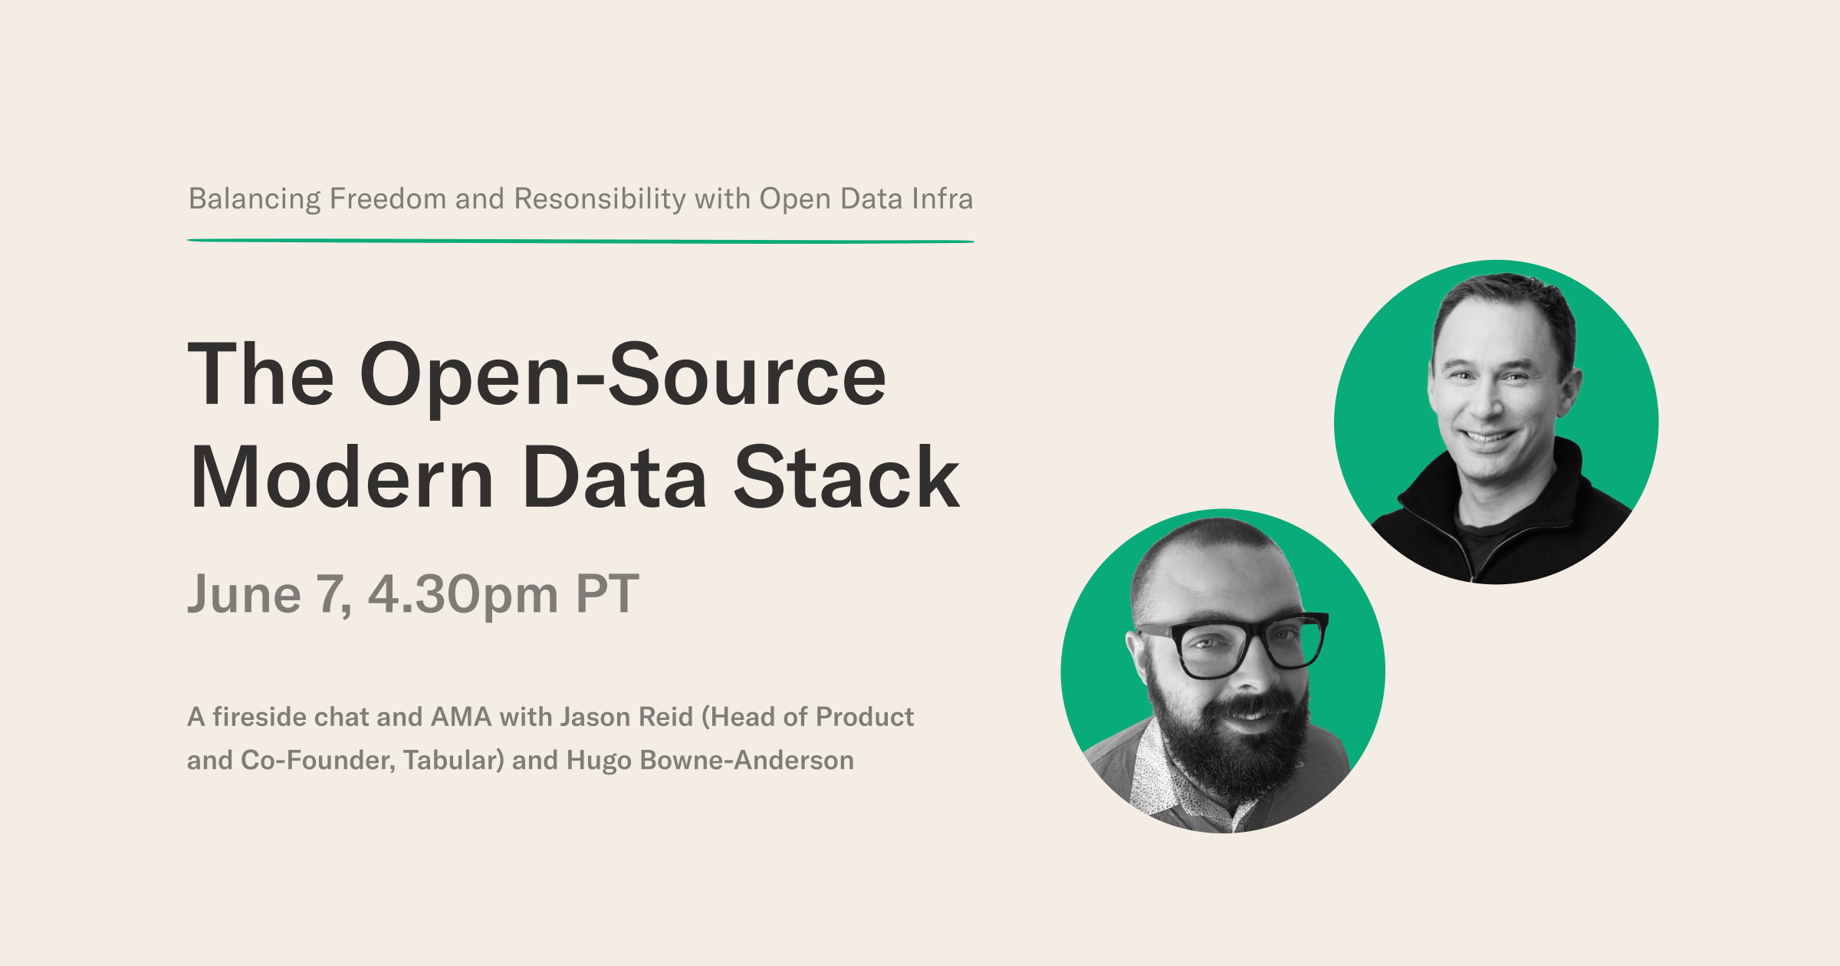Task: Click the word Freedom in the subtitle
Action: pos(388,199)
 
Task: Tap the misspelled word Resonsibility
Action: pos(600,199)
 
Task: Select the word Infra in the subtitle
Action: pos(942,199)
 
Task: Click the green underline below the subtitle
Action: pos(580,241)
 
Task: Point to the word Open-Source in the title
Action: pos(623,375)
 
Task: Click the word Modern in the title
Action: pos(342,477)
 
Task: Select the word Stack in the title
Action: pos(846,477)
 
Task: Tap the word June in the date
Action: pos(245,594)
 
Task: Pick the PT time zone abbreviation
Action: pos(607,593)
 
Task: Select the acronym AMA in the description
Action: pos(461,717)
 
